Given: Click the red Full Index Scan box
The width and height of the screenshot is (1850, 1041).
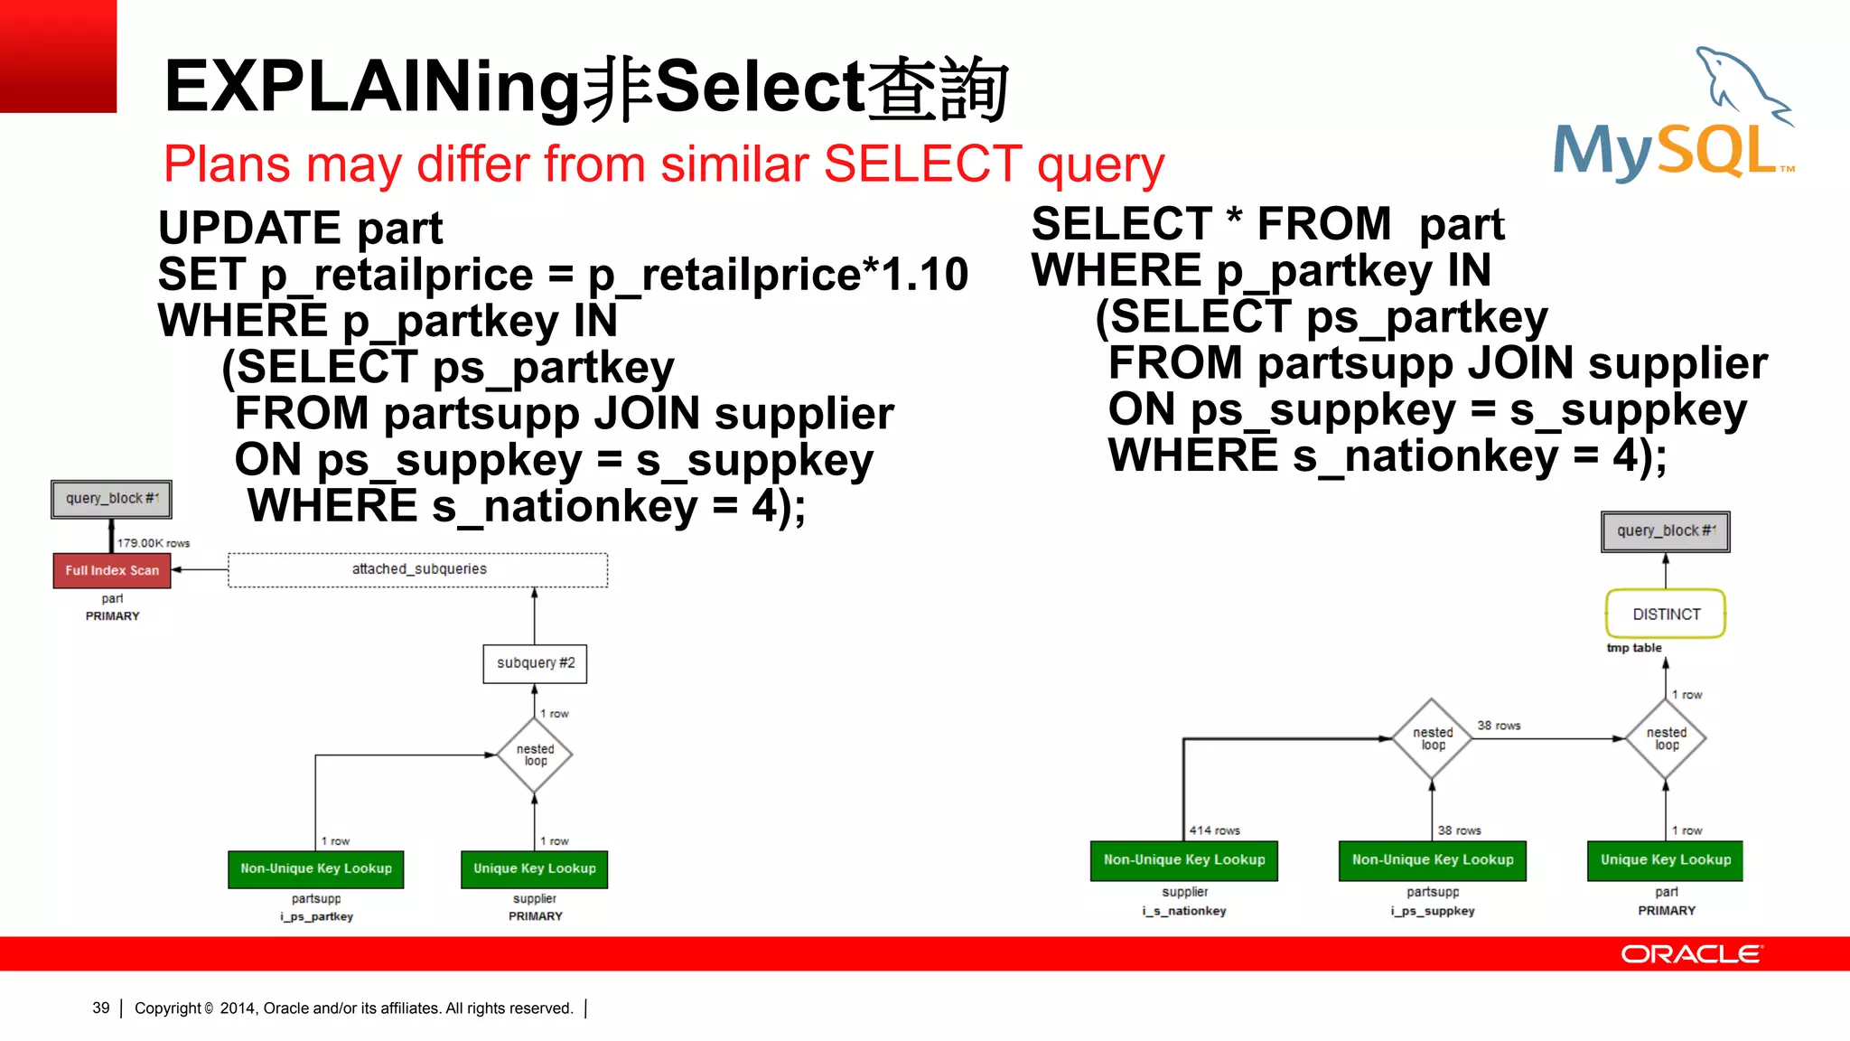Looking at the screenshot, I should point(112,570).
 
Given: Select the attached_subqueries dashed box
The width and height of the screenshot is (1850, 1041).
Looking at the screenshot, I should point(418,569).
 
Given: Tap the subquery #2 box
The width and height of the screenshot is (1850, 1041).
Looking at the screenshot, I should point(535,663).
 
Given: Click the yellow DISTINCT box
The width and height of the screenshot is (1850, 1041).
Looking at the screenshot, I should point(1666,614).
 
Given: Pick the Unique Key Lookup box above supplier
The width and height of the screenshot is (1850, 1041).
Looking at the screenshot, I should point(535,868).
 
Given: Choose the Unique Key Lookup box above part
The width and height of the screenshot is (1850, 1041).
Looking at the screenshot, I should point(1665,860).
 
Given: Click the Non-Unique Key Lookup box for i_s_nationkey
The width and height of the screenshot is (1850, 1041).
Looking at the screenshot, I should point(1184,860).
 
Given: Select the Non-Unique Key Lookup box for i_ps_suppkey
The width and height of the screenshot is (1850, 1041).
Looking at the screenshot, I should point(1433,860).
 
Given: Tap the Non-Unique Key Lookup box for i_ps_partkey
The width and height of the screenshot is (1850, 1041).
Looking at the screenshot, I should point(316,868).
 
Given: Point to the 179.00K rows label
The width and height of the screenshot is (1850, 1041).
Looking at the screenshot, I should point(154,543).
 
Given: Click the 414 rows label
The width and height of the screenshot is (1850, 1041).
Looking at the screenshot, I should point(1215,830).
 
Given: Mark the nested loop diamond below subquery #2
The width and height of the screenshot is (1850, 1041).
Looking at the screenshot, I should point(535,755).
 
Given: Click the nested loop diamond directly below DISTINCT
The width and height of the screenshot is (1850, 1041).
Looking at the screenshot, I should point(1666,739).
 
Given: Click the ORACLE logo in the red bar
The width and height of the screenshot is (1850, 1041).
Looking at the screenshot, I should point(1691,954).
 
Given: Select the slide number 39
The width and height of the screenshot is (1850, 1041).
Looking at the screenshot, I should point(101,1008).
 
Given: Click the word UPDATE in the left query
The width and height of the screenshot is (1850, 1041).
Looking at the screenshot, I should point(249,228).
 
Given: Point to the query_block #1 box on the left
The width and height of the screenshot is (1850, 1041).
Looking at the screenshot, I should point(111,499).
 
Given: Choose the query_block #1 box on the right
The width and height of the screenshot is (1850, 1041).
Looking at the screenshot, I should point(1666,531).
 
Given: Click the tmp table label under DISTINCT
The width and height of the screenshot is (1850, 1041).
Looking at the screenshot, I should point(1634,648).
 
